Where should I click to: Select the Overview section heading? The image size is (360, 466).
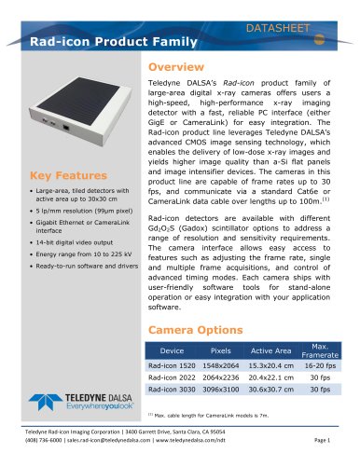(x=182, y=69)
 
